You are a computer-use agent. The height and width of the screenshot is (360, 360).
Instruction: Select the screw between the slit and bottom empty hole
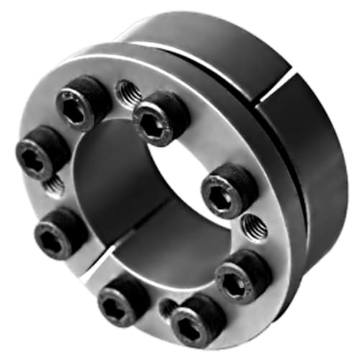point(123,296)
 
